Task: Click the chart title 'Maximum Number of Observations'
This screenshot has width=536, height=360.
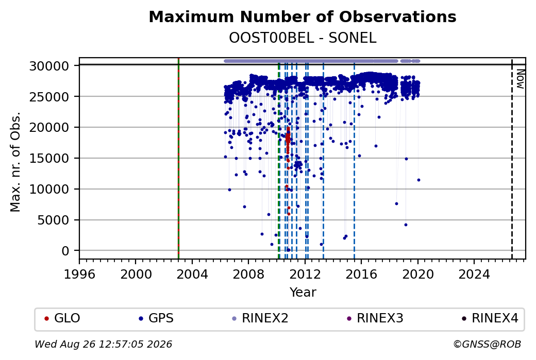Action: click(303, 16)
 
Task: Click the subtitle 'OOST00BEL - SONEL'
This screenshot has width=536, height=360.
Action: click(303, 38)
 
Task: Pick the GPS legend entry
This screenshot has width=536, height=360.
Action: click(156, 318)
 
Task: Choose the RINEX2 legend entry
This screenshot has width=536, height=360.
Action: click(260, 318)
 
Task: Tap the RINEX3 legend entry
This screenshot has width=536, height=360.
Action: click(375, 318)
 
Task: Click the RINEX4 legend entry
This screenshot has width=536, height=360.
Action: click(490, 318)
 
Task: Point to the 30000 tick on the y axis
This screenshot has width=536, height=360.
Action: click(49, 65)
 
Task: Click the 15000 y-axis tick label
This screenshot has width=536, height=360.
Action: click(49, 158)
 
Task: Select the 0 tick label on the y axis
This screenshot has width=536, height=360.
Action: click(65, 251)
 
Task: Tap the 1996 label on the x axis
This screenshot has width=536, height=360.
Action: click(79, 274)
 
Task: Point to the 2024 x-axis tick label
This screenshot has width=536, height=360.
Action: click(474, 274)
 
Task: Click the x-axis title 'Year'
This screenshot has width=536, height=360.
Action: click(303, 293)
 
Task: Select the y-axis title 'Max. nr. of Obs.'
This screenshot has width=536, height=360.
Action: click(15, 161)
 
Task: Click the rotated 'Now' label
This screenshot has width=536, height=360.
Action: click(520, 79)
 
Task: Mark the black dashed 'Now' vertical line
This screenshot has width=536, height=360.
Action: click(512, 158)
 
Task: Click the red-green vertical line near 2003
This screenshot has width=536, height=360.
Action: click(178, 158)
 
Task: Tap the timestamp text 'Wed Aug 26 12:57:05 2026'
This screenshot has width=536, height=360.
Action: click(103, 344)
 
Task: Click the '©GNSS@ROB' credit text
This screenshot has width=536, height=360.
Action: click(487, 344)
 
